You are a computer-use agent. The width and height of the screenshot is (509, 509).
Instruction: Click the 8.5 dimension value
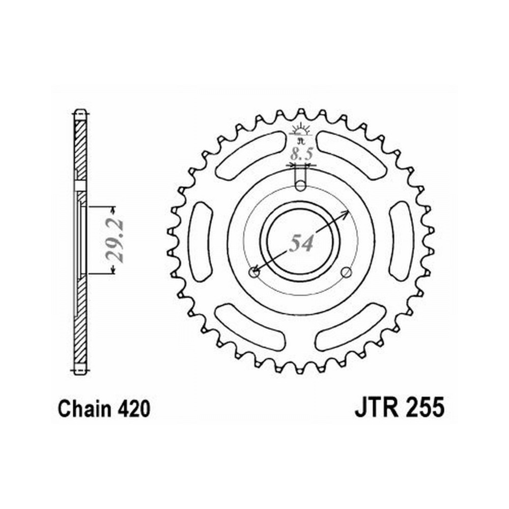click(301, 153)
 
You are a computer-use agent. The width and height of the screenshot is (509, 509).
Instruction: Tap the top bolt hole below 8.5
click(301, 186)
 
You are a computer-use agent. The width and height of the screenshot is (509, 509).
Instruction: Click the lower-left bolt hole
click(254, 273)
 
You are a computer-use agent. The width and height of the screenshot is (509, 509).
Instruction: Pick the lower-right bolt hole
click(347, 272)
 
